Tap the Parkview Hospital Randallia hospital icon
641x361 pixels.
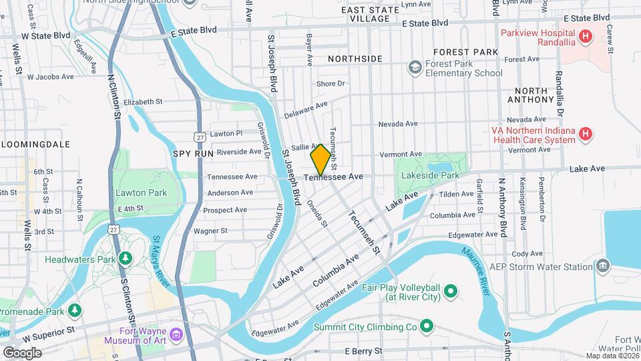[x=586, y=36]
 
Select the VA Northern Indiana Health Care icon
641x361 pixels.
[x=586, y=134]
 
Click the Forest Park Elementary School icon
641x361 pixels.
[x=415, y=68]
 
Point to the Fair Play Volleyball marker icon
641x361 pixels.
[x=450, y=290]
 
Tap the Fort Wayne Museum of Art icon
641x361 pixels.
[x=176, y=334]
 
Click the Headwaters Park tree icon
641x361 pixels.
[x=125, y=258]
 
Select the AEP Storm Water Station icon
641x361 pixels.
[x=604, y=266]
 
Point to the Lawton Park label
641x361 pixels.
[x=140, y=193]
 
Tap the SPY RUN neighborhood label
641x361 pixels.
[x=193, y=153]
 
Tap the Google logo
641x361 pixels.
[x=21, y=352]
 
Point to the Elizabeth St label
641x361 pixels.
[x=143, y=102]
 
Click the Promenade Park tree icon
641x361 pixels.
[x=75, y=311]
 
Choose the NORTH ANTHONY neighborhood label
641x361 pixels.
[x=530, y=95]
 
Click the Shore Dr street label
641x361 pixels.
[x=330, y=84]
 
